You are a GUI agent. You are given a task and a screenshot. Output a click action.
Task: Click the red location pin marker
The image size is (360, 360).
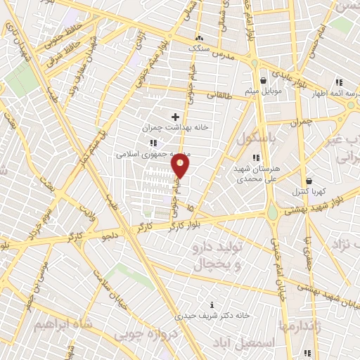pyautogui.click(x=181, y=166)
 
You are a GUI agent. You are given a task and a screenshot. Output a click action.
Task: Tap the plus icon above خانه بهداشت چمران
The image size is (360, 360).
pyautogui.click(x=175, y=117)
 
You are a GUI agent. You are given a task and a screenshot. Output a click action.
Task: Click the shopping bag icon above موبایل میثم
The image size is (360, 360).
pyautogui.click(x=263, y=80)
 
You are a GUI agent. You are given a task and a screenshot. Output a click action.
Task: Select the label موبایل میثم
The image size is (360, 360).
pyautogui.click(x=263, y=92)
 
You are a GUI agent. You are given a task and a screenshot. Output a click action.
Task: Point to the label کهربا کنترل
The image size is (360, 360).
pyautogui.click(x=308, y=192)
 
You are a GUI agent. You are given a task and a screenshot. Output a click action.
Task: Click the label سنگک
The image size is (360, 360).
pyautogui.click(x=199, y=49)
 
